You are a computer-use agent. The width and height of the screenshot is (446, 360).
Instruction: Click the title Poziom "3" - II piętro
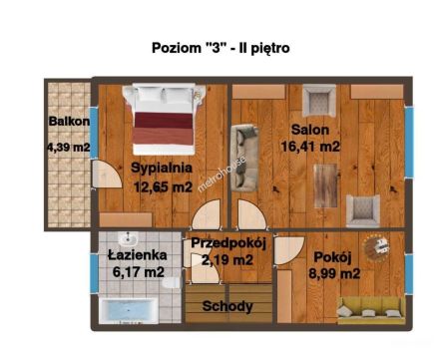(x=221, y=48)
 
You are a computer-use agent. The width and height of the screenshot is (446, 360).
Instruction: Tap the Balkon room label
(x=69, y=121)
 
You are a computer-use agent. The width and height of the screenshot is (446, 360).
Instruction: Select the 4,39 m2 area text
(x=69, y=147)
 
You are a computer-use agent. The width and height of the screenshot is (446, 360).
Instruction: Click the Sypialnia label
(x=162, y=168)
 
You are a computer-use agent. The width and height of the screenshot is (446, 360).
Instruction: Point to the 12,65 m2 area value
(x=163, y=187)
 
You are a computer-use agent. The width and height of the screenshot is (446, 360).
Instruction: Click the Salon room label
(x=310, y=130)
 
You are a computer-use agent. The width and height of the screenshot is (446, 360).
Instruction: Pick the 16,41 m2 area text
(x=310, y=146)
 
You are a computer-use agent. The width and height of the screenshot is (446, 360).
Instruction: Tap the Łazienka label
(x=138, y=255)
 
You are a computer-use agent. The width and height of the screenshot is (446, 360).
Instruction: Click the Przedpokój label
(x=228, y=243)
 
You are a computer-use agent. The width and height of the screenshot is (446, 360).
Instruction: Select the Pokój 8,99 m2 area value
(x=334, y=274)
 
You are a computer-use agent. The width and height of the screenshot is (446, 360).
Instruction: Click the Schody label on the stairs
(x=227, y=306)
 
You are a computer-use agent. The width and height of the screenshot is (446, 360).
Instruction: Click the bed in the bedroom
(x=164, y=119)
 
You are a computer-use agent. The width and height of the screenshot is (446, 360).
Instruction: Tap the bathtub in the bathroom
(x=129, y=311)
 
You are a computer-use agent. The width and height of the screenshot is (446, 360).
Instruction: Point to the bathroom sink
(x=128, y=239)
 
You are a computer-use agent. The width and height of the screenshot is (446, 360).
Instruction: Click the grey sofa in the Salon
(x=244, y=158)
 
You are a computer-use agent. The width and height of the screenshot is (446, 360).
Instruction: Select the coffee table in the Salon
(x=326, y=185)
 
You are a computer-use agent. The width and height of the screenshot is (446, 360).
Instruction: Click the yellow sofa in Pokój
(x=371, y=311)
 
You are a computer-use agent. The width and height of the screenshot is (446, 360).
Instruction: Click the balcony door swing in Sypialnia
(x=107, y=175)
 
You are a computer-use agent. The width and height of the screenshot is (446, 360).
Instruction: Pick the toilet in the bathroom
(x=173, y=283)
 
